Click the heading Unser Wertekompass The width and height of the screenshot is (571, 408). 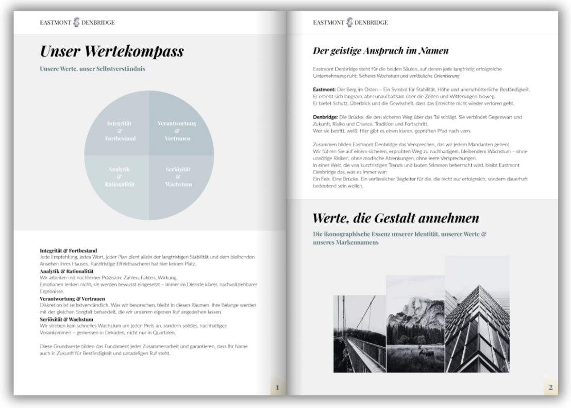point(112,52)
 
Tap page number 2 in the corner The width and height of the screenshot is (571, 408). point(550,387)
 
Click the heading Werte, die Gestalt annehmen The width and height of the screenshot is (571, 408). point(396,218)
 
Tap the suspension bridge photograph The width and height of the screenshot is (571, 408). point(359,334)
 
